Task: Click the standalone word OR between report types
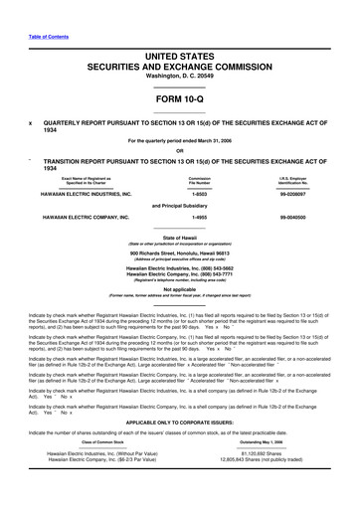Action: point(179,150)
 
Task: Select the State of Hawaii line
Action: point(179,265)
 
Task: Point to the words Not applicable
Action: point(179,317)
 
